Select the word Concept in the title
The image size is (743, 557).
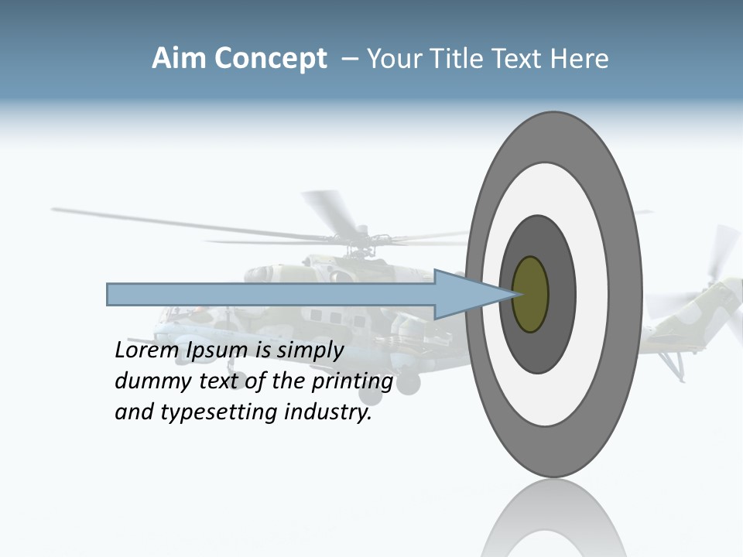[271, 59]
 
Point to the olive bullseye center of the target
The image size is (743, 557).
[530, 295]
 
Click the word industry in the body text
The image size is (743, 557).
[328, 412]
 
